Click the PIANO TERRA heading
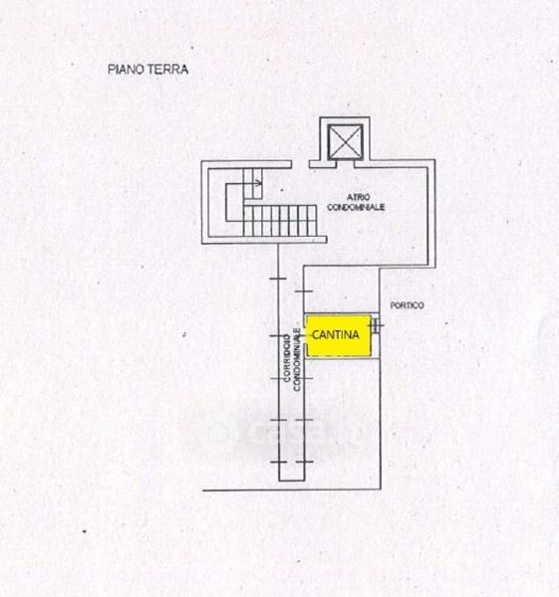(147, 70)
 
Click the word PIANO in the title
(126, 70)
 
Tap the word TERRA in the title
(167, 70)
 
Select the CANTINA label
(336, 335)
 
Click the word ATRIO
(358, 197)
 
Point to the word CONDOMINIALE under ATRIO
(356, 207)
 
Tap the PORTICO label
(407, 305)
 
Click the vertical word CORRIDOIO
(287, 358)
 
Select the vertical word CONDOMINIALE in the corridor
(297, 359)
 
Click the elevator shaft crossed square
(346, 142)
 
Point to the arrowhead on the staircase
(260, 183)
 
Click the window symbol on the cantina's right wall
(376, 325)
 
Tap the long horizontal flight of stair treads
(280, 221)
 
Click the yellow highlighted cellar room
(339, 335)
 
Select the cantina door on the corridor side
(306, 336)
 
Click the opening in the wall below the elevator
(346, 164)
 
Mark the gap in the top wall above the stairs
(301, 164)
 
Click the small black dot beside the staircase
(282, 190)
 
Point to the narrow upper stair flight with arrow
(253, 184)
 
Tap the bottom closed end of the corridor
(292, 481)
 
